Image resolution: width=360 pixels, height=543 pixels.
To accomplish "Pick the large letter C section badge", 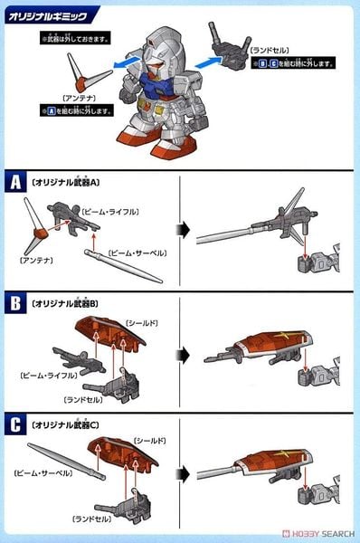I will click(x=15, y=424).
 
